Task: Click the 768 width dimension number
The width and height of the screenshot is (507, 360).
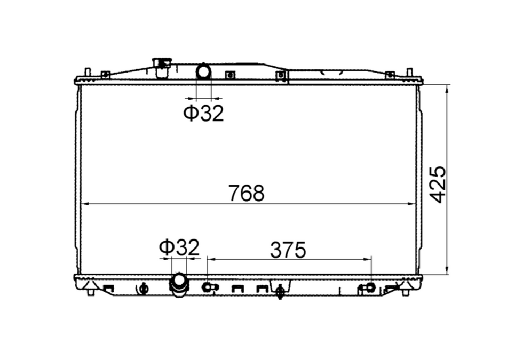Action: pyautogui.click(x=247, y=193)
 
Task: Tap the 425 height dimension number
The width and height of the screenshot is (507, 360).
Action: pyautogui.click(x=438, y=184)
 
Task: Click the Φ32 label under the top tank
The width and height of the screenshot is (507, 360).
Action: pyautogui.click(x=203, y=113)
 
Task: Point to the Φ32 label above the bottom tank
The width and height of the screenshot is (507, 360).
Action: pyautogui.click(x=179, y=247)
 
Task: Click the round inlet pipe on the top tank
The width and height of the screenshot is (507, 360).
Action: pyautogui.click(x=203, y=71)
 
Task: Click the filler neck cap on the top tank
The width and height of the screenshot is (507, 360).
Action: pyautogui.click(x=161, y=63)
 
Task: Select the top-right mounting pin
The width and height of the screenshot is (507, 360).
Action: pyautogui.click(x=409, y=73)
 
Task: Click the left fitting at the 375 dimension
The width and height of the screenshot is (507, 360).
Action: pyautogui.click(x=208, y=287)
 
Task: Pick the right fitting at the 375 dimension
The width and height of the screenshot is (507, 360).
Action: pyautogui.click(x=370, y=287)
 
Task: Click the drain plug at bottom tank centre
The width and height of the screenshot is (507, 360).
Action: pyautogui.click(x=279, y=291)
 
